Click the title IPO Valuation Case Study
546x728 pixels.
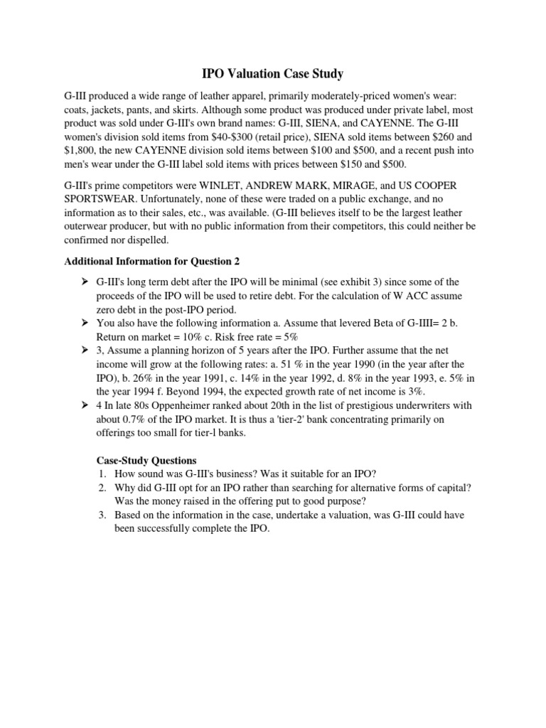(273, 73)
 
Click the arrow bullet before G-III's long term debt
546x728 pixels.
(84, 282)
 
